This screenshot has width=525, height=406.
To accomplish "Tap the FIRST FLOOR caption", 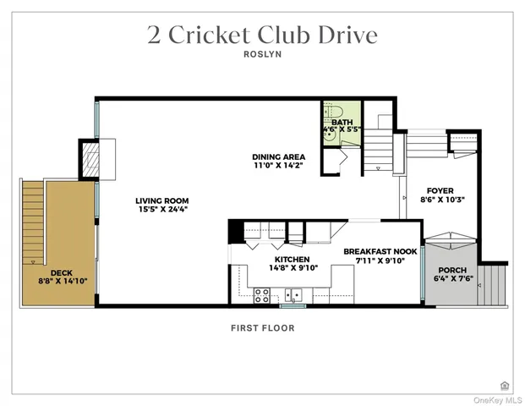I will [x=262, y=328].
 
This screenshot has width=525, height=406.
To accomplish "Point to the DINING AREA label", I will [x=278, y=156].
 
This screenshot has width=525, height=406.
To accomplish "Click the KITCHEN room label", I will [x=291, y=259].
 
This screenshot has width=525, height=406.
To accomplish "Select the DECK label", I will [x=61, y=272].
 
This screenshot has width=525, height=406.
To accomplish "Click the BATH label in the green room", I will [x=342, y=123].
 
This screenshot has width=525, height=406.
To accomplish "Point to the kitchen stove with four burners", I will [x=262, y=295].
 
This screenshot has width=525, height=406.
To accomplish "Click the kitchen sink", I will [x=293, y=295].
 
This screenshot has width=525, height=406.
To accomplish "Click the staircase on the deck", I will [x=32, y=220].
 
